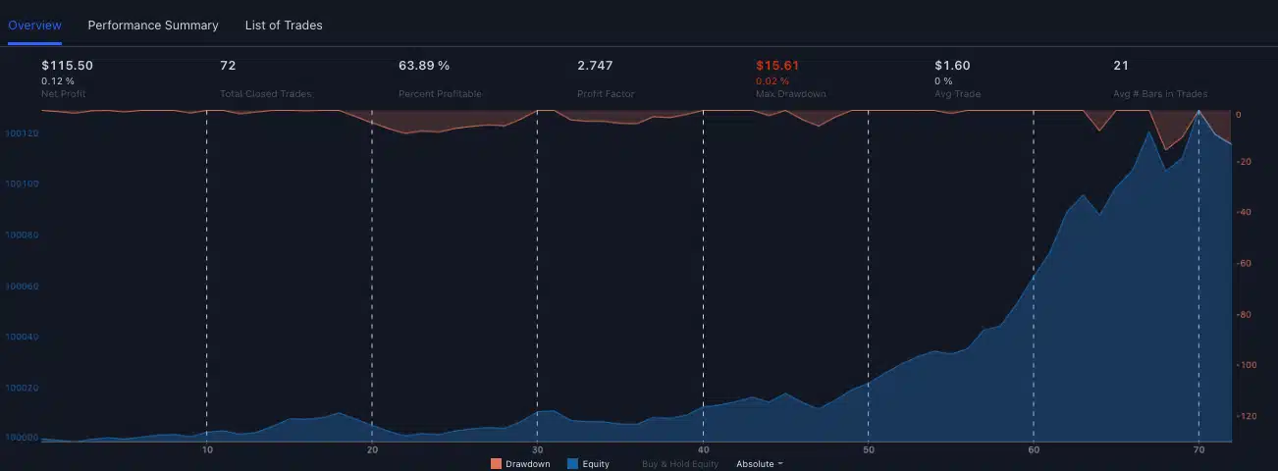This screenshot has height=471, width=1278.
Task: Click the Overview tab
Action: (x=34, y=26)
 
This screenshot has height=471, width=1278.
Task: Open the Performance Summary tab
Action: (x=153, y=26)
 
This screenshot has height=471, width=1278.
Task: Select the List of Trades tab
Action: (x=284, y=26)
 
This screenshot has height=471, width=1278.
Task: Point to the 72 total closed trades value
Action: (x=228, y=66)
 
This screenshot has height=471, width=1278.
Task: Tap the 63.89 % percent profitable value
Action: (x=424, y=66)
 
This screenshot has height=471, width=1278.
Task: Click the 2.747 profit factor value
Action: (x=595, y=66)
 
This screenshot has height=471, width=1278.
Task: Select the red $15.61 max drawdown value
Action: (x=777, y=66)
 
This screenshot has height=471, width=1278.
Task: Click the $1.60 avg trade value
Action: (x=952, y=66)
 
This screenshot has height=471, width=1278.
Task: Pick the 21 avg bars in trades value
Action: (x=1121, y=66)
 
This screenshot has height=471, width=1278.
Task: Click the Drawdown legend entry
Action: (x=521, y=463)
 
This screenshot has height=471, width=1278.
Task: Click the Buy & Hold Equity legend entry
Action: (x=680, y=463)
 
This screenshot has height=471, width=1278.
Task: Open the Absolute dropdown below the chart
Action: (x=759, y=463)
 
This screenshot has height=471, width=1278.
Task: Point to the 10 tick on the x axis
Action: (x=207, y=450)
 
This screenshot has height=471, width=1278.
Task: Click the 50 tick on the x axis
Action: (x=869, y=450)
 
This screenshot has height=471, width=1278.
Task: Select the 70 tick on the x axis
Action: (x=1198, y=450)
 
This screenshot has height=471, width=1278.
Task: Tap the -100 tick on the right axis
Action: (x=1248, y=365)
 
